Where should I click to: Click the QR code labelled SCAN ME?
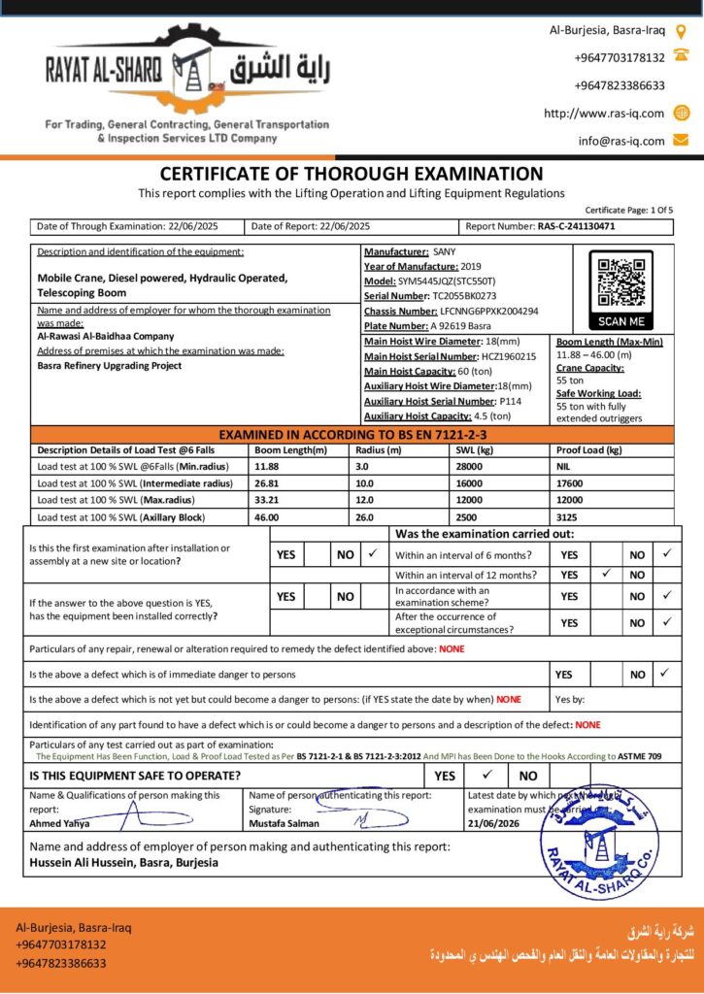coord(621,282)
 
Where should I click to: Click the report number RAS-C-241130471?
coord(576,226)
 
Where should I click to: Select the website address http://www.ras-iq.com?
coord(604,114)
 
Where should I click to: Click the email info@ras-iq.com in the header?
coord(621,141)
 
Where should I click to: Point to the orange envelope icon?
coord(681,141)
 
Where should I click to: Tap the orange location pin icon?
coord(681,31)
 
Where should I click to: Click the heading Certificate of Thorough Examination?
coord(352,175)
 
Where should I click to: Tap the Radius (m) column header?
coord(379,450)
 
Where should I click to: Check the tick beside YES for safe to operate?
coord(488,776)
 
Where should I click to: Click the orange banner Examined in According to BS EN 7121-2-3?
coord(352,434)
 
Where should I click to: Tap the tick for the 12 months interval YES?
coord(606,575)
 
